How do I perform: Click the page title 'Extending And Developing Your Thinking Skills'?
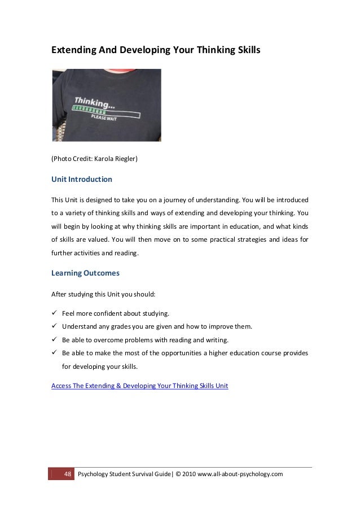click(x=156, y=50)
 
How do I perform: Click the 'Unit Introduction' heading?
click(x=82, y=180)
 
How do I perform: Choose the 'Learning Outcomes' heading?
click(x=85, y=273)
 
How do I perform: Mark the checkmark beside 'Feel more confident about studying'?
click(x=55, y=313)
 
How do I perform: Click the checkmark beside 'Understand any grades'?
click(x=55, y=326)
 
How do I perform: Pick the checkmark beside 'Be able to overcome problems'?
click(x=55, y=340)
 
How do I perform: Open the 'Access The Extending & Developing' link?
click(x=139, y=386)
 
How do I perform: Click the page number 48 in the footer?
click(x=67, y=473)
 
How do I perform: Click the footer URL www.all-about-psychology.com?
click(x=240, y=473)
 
